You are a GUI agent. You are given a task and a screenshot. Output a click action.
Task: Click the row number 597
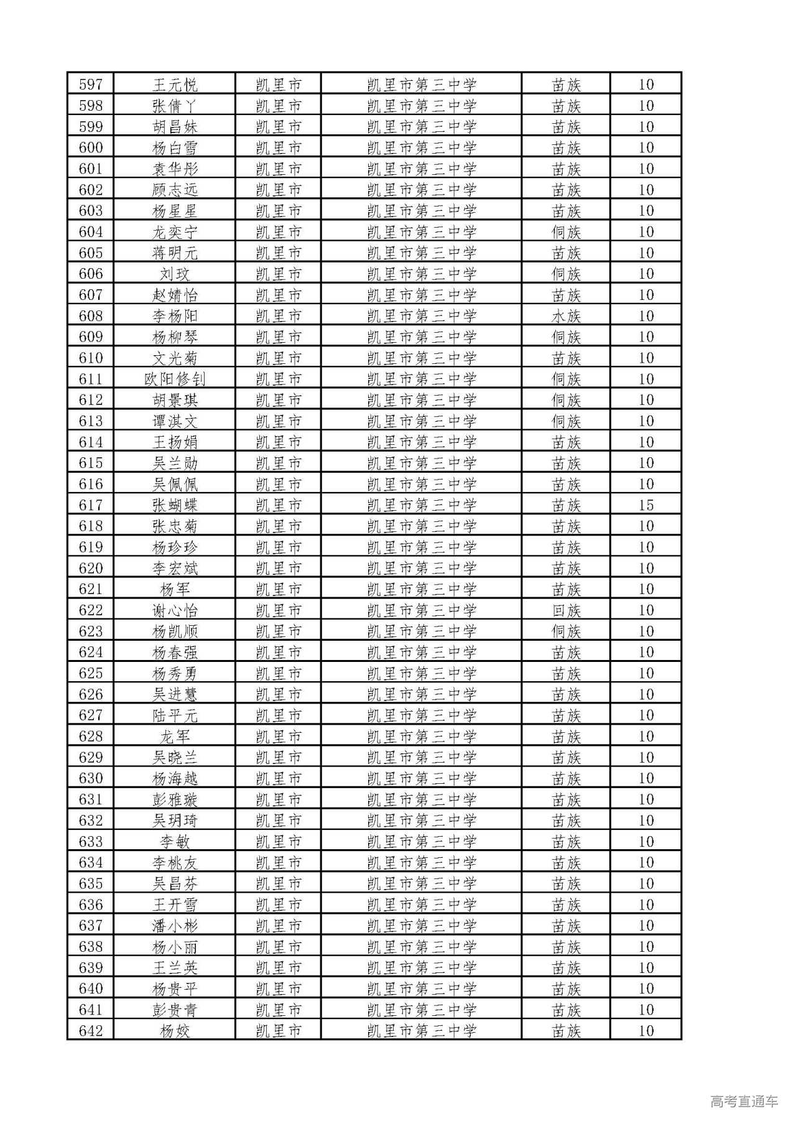[91, 85]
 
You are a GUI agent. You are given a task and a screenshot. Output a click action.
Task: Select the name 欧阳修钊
[175, 379]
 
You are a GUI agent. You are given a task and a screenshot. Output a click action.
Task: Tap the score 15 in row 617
[646, 505]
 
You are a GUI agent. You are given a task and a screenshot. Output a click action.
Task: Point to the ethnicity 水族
[566, 316]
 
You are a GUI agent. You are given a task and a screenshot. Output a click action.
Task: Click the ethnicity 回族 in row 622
[566, 610]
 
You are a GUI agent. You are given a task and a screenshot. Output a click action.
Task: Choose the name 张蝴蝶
[175, 505]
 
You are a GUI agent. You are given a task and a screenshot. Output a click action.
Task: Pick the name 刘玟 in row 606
[175, 274]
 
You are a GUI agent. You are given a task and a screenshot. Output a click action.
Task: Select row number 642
[91, 1031]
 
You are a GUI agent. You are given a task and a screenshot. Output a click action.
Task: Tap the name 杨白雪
[175, 148]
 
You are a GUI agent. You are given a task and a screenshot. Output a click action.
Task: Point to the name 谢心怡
[175, 610]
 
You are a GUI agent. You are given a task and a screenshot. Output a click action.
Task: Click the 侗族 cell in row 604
[566, 232]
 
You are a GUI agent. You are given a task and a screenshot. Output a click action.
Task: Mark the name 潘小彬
[175, 926]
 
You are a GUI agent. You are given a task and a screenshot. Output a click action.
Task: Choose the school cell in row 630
[422, 778]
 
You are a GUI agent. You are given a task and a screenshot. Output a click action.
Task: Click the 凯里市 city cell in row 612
[279, 400]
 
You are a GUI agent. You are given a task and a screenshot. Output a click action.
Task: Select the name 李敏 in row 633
[175, 842]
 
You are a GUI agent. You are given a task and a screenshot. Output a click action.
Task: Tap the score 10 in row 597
[646, 85]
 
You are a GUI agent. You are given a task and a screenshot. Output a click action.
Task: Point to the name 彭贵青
[175, 1010]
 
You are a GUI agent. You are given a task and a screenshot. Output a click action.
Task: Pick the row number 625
[91, 673]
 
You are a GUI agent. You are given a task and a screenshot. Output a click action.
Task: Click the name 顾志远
[175, 190]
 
